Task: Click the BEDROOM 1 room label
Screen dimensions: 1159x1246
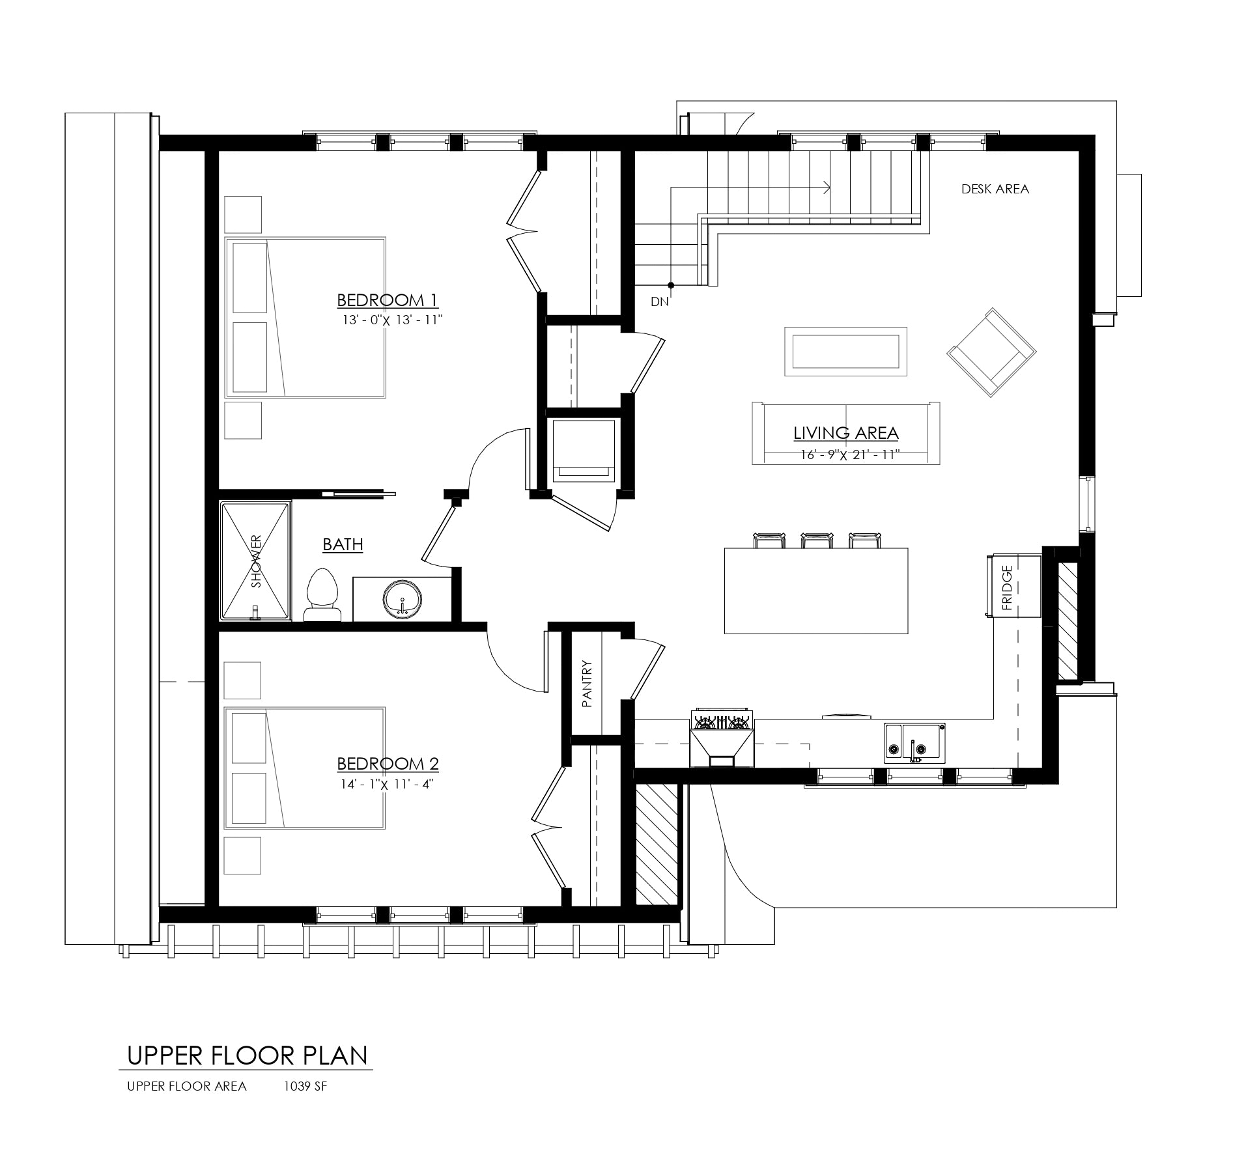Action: [x=387, y=300]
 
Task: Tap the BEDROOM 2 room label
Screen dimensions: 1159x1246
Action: [x=387, y=764]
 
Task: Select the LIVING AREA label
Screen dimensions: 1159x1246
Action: [x=845, y=433]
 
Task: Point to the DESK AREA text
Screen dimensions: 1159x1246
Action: [x=995, y=189]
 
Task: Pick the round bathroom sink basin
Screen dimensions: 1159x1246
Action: [x=402, y=599]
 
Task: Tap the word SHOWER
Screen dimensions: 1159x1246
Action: [x=256, y=562]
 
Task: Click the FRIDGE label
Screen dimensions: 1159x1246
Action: [x=1007, y=587]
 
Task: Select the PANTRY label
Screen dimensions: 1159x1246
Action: [x=588, y=684]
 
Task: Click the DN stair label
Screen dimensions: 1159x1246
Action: [x=659, y=301]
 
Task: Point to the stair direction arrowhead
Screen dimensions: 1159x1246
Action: [x=827, y=188]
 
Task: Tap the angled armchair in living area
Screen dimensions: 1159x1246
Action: [x=991, y=352]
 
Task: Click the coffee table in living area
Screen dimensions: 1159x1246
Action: [x=845, y=351]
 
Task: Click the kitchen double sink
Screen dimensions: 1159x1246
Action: [x=914, y=742]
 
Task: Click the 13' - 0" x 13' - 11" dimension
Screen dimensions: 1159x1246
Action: [x=392, y=320]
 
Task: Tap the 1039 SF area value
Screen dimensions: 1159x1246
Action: [x=305, y=1086]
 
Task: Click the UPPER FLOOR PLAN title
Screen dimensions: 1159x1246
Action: [x=247, y=1055]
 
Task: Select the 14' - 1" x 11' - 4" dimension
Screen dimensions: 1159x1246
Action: [x=387, y=784]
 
